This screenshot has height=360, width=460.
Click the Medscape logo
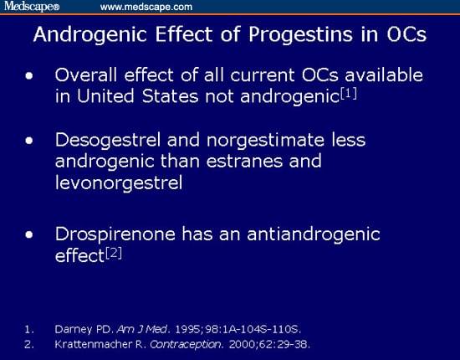click(x=32, y=6)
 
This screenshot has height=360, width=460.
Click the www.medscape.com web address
click(x=146, y=7)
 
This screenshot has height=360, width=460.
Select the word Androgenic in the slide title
click(x=90, y=35)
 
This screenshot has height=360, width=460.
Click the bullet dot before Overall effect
click(x=29, y=76)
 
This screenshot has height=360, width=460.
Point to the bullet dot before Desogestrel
click(x=29, y=141)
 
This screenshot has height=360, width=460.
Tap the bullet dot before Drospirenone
click(x=29, y=234)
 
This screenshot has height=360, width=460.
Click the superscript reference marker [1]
click(x=349, y=94)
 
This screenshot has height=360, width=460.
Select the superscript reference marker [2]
click(x=114, y=253)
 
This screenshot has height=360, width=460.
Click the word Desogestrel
click(x=108, y=141)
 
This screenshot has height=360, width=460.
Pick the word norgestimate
click(x=265, y=141)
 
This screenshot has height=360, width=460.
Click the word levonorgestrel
click(x=119, y=183)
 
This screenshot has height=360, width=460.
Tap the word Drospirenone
click(x=115, y=235)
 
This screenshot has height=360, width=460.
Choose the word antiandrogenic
click(x=314, y=234)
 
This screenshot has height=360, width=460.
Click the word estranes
click(x=244, y=162)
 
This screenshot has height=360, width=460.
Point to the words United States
click(x=138, y=96)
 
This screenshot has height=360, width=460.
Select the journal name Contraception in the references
click(x=186, y=344)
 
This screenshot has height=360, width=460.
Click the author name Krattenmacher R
click(x=100, y=344)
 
